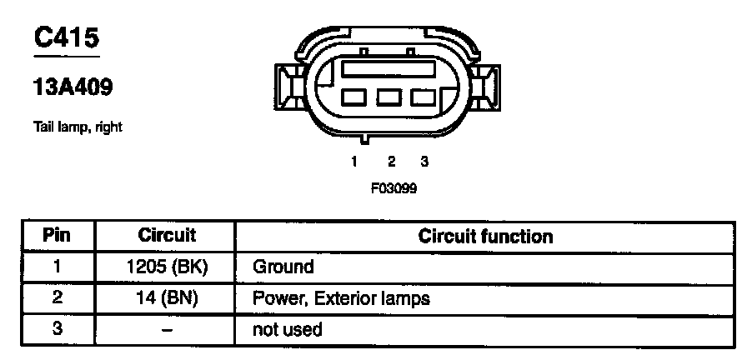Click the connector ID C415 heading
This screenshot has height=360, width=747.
pos(66,39)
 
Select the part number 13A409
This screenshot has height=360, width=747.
pos(73,86)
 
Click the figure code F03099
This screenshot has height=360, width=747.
pos(394,187)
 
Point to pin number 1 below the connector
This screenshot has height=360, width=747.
pos(354,161)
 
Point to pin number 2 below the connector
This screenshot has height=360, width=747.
pos(391,161)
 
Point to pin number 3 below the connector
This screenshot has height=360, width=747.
pos(424,161)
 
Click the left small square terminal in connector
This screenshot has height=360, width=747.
pos(355,97)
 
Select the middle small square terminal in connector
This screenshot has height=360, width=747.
pos(389,97)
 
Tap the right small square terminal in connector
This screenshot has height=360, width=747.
pos(423,97)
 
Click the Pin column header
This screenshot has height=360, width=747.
pos(58,236)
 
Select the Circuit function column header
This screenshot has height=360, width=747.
pos(485,237)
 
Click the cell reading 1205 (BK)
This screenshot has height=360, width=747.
pos(168,267)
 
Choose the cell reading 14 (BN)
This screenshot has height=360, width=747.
pos(168,298)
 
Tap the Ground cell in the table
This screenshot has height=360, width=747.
pos(283,267)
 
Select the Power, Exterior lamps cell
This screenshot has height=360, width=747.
pos(341,298)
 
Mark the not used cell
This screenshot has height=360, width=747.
pos(287,330)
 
